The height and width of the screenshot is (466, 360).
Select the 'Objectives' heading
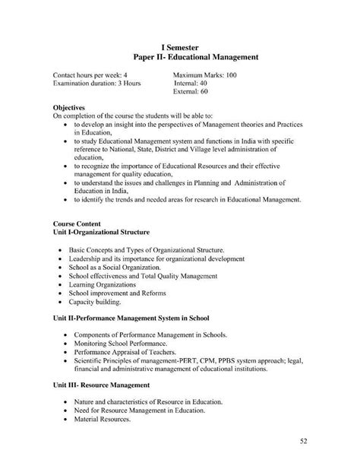[69, 107]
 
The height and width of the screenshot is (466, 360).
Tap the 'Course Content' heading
[77, 223]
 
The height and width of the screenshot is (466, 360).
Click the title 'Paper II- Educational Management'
[196, 57]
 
